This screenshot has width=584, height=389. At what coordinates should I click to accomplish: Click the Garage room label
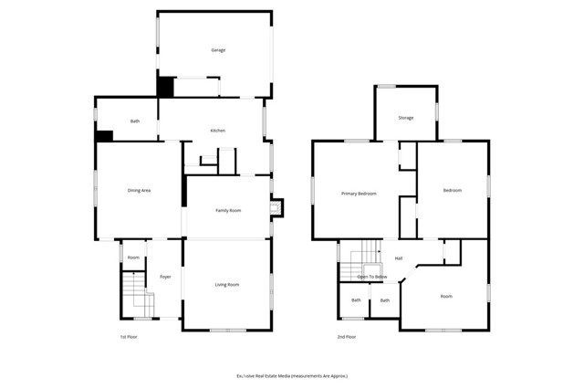(218, 50)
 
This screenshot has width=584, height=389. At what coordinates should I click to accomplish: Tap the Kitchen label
(217, 131)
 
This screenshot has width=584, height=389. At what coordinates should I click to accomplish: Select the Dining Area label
(139, 190)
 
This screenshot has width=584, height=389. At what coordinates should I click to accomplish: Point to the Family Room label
(228, 211)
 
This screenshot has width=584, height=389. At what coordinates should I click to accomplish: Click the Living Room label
(227, 285)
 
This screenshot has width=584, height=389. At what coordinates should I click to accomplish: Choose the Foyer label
(165, 277)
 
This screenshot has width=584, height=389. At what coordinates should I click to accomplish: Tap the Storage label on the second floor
(405, 118)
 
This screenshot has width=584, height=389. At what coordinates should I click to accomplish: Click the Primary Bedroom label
(359, 193)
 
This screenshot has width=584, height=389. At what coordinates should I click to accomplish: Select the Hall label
(399, 258)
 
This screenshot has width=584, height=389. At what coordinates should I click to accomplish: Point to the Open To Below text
(371, 276)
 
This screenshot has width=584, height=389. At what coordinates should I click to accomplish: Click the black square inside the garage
(165, 88)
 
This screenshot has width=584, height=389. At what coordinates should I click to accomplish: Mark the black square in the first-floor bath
(104, 136)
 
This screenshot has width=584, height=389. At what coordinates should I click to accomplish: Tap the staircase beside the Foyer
(137, 297)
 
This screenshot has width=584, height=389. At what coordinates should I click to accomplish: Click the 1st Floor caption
(129, 337)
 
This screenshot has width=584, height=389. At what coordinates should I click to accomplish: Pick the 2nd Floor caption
(346, 337)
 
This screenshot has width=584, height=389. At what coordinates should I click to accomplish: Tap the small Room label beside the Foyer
(133, 258)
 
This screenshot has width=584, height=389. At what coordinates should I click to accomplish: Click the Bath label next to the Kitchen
(135, 121)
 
